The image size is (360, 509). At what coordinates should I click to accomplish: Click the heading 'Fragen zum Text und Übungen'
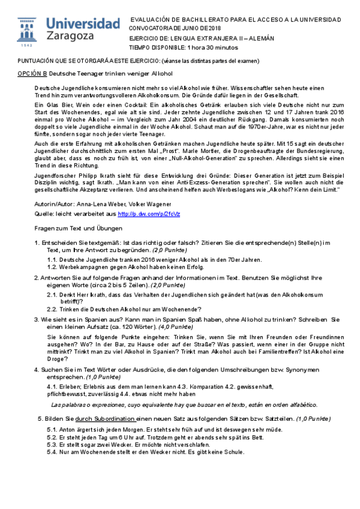79,229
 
